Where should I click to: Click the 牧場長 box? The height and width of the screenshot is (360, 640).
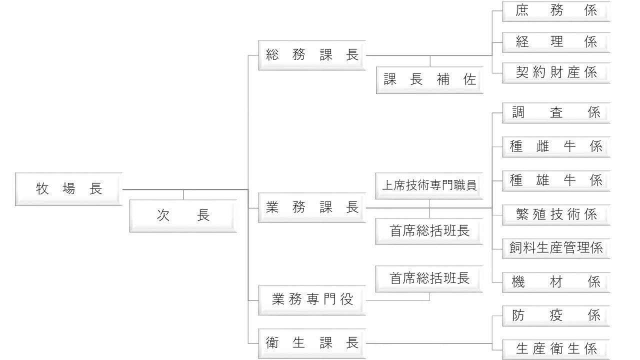click(x=68, y=189)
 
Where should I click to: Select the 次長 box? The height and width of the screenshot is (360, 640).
click(x=183, y=216)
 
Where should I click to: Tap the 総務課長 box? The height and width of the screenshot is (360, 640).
click(x=312, y=55)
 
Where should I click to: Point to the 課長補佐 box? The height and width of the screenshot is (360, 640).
click(x=429, y=80)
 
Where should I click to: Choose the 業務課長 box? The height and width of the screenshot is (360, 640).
click(x=312, y=207)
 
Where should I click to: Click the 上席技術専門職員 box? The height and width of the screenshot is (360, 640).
click(x=429, y=185)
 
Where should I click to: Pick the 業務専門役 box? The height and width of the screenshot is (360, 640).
click(x=312, y=300)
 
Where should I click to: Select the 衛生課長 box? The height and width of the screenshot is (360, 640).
click(x=312, y=343)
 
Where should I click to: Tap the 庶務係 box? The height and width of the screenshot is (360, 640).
click(x=556, y=11)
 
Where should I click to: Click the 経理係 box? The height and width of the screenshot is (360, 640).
click(x=556, y=42)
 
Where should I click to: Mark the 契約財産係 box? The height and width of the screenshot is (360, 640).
click(x=556, y=72)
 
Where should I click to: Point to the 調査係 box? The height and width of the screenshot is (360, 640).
click(x=556, y=113)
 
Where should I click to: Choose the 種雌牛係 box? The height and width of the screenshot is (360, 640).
click(x=556, y=147)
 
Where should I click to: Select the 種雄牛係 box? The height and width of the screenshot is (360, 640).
click(x=556, y=180)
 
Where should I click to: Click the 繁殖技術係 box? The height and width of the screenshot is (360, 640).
click(x=556, y=214)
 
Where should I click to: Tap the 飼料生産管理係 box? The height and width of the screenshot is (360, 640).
click(x=556, y=248)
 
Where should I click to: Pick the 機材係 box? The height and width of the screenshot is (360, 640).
click(x=556, y=282)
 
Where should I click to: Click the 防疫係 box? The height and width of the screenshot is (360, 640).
click(x=556, y=316)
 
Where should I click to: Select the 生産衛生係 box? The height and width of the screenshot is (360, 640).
click(x=556, y=349)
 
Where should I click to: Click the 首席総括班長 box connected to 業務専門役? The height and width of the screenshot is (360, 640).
click(x=429, y=278)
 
